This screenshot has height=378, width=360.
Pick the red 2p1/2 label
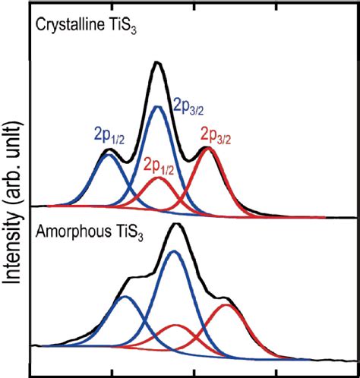(x=159, y=166)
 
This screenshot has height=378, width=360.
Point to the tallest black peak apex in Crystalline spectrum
(x=156, y=63)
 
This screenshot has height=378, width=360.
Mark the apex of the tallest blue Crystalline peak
(x=158, y=106)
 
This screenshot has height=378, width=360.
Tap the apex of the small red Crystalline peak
(x=158, y=178)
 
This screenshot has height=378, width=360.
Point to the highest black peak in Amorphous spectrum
(x=175, y=224)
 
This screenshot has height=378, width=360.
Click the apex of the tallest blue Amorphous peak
(x=174, y=250)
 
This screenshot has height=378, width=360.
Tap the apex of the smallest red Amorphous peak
(x=176, y=325)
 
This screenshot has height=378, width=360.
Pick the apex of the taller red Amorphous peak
(x=227, y=305)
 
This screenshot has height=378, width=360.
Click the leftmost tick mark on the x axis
(x=112, y=372)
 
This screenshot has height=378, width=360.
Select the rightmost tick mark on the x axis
(x=275, y=372)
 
